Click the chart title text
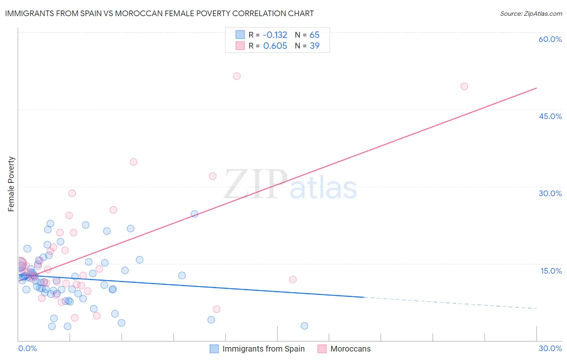[159, 13]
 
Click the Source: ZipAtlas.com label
[531, 13]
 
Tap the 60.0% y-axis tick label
[550, 39]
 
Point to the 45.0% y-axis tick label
[550, 116]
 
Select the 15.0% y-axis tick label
[551, 271]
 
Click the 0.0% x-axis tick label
[27, 348]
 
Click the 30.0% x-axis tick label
[550, 348]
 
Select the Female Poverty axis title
[11, 184]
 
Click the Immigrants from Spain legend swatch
[214, 349]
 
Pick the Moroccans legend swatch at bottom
[322, 349]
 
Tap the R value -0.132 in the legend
[275, 35]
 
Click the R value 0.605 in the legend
[275, 46]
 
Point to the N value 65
[315, 35]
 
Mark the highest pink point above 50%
[237, 76]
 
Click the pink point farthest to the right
[464, 86]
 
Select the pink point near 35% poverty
[133, 162]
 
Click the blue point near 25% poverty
[194, 214]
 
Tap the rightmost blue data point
[304, 326]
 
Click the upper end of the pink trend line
[536, 88]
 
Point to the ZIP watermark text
[255, 184]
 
